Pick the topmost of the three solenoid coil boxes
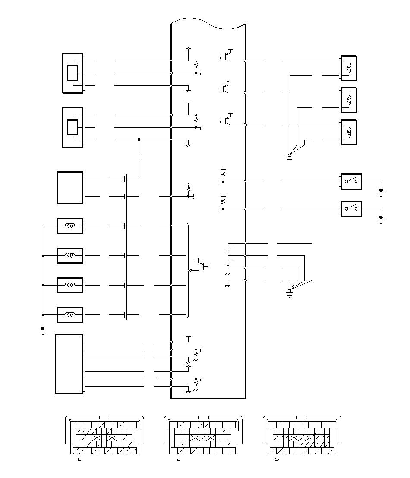tap(349, 68)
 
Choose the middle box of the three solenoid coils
tap(349, 100)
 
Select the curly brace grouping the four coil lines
tap(188, 270)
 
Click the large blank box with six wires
tap(69, 364)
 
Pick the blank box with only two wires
tap(70, 188)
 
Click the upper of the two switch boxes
tap(351, 182)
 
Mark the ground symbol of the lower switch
tap(381, 219)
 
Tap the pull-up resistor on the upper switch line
tap(223, 173)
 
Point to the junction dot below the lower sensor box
tap(139, 140)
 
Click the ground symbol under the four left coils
tap(43, 331)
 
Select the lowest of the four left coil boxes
tap(70, 314)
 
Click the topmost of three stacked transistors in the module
tap(227, 56)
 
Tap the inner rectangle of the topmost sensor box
tap(73, 73)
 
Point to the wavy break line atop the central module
tap(208, 22)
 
